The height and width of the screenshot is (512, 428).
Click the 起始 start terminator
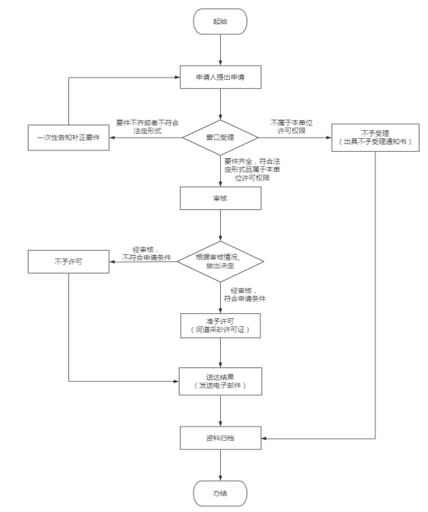click(221, 21)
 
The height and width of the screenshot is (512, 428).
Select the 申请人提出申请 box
click(221, 75)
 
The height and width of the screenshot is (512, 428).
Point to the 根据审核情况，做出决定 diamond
click(221, 261)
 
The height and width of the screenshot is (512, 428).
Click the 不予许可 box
click(68, 261)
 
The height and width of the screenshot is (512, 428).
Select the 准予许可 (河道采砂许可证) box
click(221, 324)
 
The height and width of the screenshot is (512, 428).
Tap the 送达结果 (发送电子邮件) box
click(221, 382)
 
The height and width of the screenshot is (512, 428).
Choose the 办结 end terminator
click(221, 491)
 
